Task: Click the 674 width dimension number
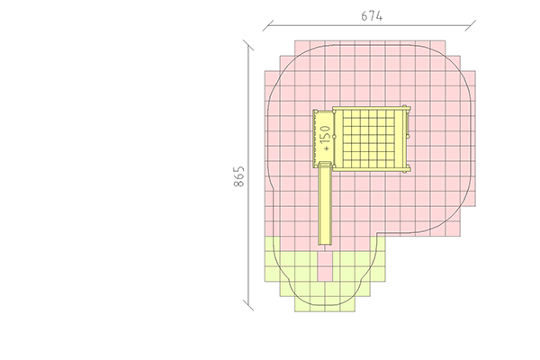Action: click(372, 16)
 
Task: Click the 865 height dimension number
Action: click(239, 176)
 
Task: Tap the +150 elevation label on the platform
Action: click(325, 138)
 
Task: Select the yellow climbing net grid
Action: click(369, 139)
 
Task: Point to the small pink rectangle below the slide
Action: click(325, 266)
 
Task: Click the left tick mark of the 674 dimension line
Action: click(268, 25)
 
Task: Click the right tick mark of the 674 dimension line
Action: click(470, 25)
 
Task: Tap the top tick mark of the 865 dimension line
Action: click(248, 45)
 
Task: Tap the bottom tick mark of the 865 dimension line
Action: click(248, 306)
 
